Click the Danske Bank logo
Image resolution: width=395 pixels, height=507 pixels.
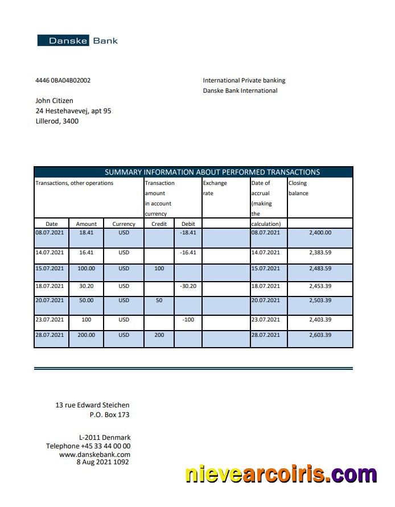pyautogui.click(x=77, y=40)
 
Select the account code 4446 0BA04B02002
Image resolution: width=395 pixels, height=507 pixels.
pyautogui.click(x=63, y=80)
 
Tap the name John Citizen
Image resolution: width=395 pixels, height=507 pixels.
pyautogui.click(x=54, y=101)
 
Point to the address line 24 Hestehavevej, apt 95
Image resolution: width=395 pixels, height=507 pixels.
pyautogui.click(x=73, y=111)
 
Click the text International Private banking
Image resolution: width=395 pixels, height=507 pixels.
pyautogui.click(x=244, y=80)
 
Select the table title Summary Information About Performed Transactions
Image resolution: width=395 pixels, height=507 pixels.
pyautogui.click(x=212, y=172)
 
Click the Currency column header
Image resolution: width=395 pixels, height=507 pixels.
pyautogui.click(x=124, y=224)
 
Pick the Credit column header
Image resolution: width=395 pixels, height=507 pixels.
pyautogui.click(x=159, y=224)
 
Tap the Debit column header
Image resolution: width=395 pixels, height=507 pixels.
pyautogui.click(x=188, y=224)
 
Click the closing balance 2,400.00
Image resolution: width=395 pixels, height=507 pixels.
pyautogui.click(x=320, y=233)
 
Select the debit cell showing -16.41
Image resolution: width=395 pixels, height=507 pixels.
pyautogui.click(x=188, y=252)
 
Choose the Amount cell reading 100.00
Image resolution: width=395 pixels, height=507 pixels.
pyautogui.click(x=87, y=268)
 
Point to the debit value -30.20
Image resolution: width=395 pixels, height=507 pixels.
pyautogui.click(x=188, y=286)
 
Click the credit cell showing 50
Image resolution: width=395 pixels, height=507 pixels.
pyautogui.click(x=159, y=300)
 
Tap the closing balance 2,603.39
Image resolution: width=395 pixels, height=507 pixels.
pyautogui.click(x=320, y=335)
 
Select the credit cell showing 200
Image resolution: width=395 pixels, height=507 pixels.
pyautogui.click(x=159, y=335)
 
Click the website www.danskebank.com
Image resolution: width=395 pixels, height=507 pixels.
pyautogui.click(x=94, y=454)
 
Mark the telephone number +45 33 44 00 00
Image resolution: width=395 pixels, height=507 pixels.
pyautogui.click(x=106, y=446)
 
